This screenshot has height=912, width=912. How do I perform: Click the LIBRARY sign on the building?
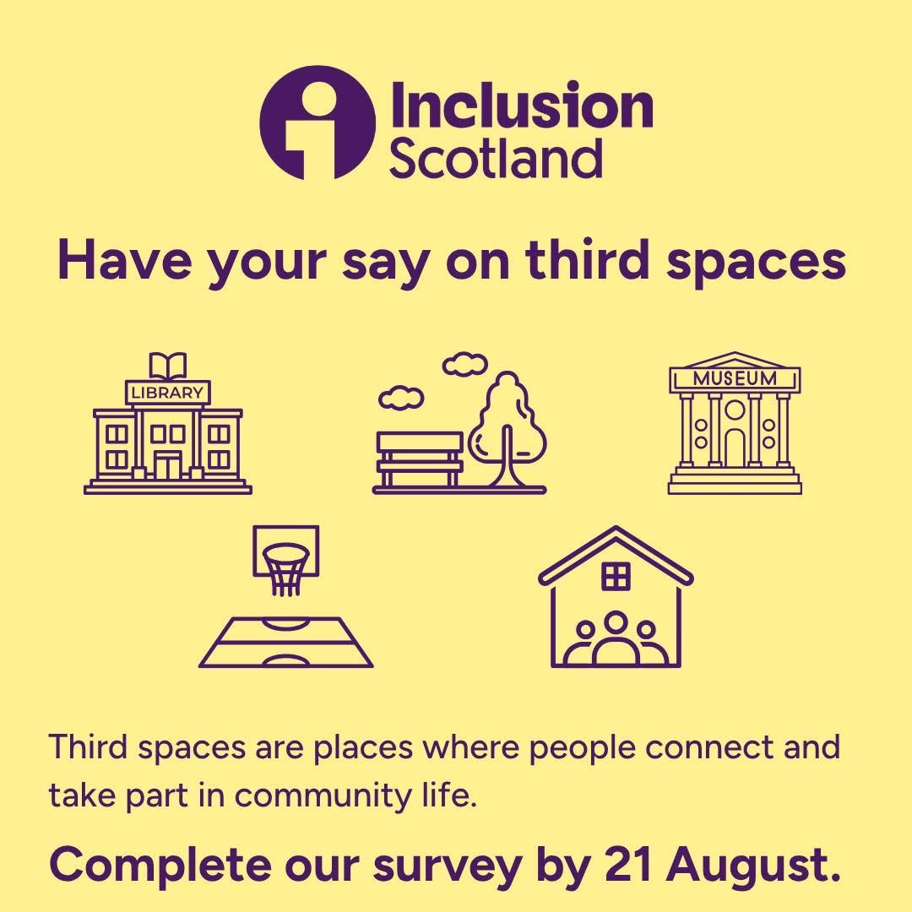pos(168,393)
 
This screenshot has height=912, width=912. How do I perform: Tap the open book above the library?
pos(168,366)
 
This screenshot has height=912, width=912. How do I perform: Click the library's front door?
pos(167,465)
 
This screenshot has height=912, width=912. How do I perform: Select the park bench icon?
pos(420,459)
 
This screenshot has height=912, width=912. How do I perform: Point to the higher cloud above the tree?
pos(464,364)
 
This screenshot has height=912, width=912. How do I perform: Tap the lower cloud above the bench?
pos(401,399)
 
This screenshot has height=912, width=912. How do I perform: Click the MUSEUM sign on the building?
pos(735,378)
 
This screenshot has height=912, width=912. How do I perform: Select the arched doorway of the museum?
pos(735,448)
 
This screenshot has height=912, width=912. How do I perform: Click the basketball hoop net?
pos(285,569)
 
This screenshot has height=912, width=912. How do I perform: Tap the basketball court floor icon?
pos(286,642)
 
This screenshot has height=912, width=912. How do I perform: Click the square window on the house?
pos(616,577)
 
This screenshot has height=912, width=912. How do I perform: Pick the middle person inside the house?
pos(616,638)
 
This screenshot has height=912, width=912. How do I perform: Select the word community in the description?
pos(323,796)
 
